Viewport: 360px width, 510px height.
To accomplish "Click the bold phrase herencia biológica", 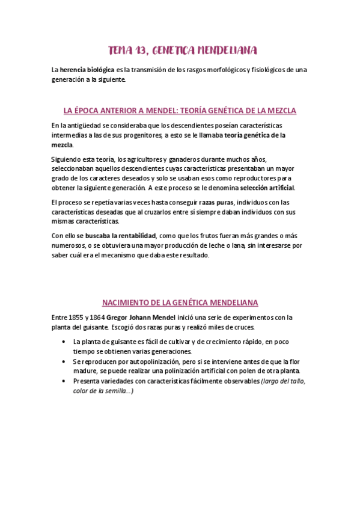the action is point(87,70).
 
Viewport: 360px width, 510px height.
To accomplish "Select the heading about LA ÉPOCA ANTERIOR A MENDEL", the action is point(180,111).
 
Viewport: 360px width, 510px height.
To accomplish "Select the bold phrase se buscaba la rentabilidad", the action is point(116,235).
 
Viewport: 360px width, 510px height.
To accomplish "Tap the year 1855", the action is point(76,317).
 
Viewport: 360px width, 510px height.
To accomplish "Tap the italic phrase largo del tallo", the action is point(283,381).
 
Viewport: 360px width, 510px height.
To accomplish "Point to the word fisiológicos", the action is point(266,70).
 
